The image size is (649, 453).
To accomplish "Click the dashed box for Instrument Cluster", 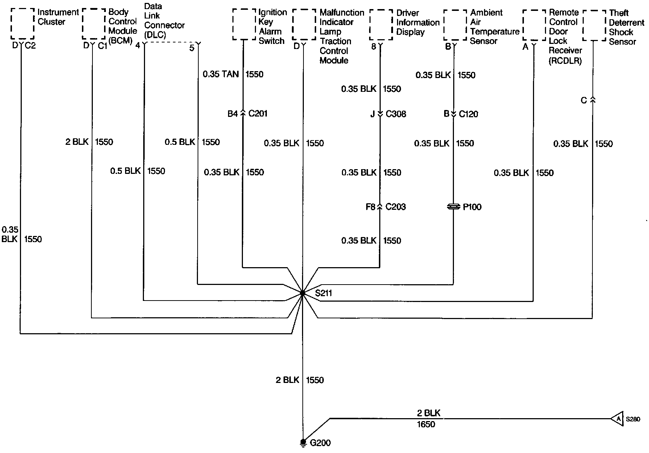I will click(22, 24).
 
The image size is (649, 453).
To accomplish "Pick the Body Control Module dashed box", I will click(94, 24).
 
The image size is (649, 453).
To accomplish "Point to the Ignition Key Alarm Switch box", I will click(244, 25).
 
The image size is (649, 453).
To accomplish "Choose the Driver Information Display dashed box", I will click(381, 25).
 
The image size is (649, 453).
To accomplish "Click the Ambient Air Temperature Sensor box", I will click(455, 25).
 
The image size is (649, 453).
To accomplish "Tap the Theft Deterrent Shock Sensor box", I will click(594, 25).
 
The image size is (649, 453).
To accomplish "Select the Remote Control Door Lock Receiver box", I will click(534, 25).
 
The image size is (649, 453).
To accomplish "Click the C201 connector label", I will click(258, 114).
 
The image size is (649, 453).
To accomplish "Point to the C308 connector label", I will click(396, 114).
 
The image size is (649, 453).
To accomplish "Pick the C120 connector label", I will click(468, 114).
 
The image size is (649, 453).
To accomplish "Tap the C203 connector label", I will click(395, 207).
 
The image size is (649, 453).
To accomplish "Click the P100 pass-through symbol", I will click(454, 207).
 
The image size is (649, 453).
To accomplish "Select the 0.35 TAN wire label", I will click(220, 74).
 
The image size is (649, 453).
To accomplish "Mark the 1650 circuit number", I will click(426, 424).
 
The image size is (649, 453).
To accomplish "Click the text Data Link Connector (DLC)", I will click(164, 21).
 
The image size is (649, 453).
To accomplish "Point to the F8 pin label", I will click(370, 207).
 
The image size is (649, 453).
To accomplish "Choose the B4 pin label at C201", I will click(232, 114).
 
